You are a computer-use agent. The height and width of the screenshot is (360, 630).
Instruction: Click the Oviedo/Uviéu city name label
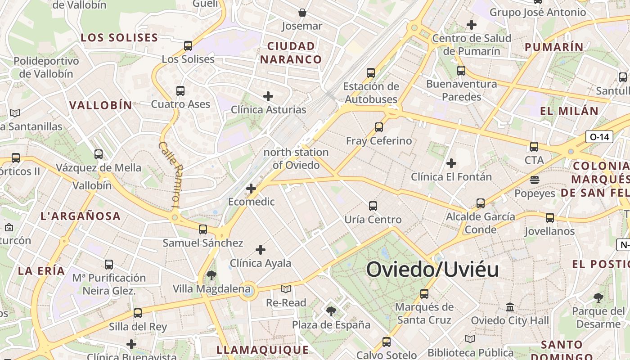click(x=432, y=270)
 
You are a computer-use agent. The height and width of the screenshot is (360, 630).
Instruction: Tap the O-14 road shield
click(x=599, y=137)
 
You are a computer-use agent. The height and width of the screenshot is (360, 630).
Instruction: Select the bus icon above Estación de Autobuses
click(x=371, y=72)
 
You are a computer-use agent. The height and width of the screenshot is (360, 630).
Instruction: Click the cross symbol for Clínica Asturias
click(x=268, y=96)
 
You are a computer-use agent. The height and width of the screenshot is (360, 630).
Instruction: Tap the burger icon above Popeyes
click(x=535, y=180)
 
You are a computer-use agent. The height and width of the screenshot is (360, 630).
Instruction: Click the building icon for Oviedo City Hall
click(x=510, y=307)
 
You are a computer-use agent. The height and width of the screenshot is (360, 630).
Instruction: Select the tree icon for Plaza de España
click(x=331, y=311)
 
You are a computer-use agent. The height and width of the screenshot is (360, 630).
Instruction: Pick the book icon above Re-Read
click(x=286, y=289)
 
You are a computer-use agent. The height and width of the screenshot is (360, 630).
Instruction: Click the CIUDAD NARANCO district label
click(x=291, y=53)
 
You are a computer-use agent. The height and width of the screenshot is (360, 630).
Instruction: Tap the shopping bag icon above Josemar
click(x=302, y=13)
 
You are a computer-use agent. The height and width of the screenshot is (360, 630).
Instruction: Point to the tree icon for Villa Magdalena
click(x=211, y=275)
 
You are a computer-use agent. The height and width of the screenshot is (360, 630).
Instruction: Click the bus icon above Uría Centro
click(x=373, y=206)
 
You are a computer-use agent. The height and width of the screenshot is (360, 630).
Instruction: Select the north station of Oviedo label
click(x=296, y=158)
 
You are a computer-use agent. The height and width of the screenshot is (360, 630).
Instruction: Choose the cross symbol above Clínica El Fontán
click(x=451, y=163)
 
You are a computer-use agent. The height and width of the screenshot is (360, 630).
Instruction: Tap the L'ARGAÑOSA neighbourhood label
click(x=81, y=216)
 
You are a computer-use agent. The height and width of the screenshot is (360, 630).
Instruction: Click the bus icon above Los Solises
click(x=188, y=45)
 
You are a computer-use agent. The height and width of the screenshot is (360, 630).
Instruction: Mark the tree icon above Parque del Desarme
click(x=598, y=297)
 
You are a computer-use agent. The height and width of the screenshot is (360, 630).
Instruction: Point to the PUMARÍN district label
click(x=554, y=47)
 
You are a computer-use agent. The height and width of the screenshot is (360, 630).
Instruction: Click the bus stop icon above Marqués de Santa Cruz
click(x=424, y=294)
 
